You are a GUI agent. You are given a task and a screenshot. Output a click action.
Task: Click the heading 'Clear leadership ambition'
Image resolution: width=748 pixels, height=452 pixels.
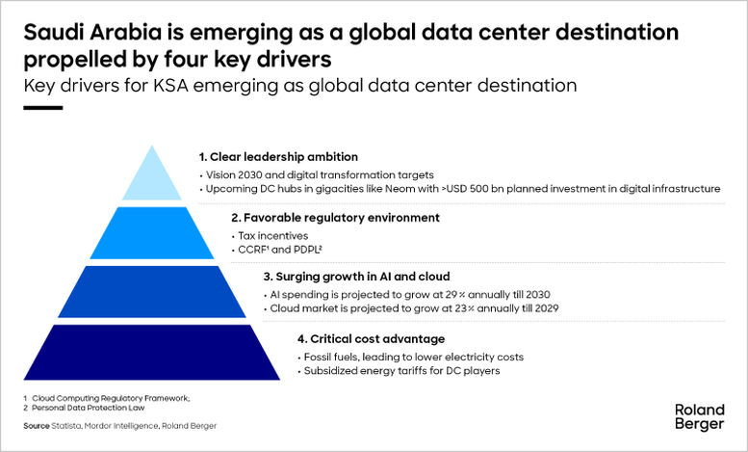coord(278,156)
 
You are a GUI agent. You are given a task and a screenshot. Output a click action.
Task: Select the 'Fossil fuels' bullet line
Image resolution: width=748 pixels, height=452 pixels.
coord(413,357)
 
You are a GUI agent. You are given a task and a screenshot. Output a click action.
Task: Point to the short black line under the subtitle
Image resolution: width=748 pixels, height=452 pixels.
coord(42,107)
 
